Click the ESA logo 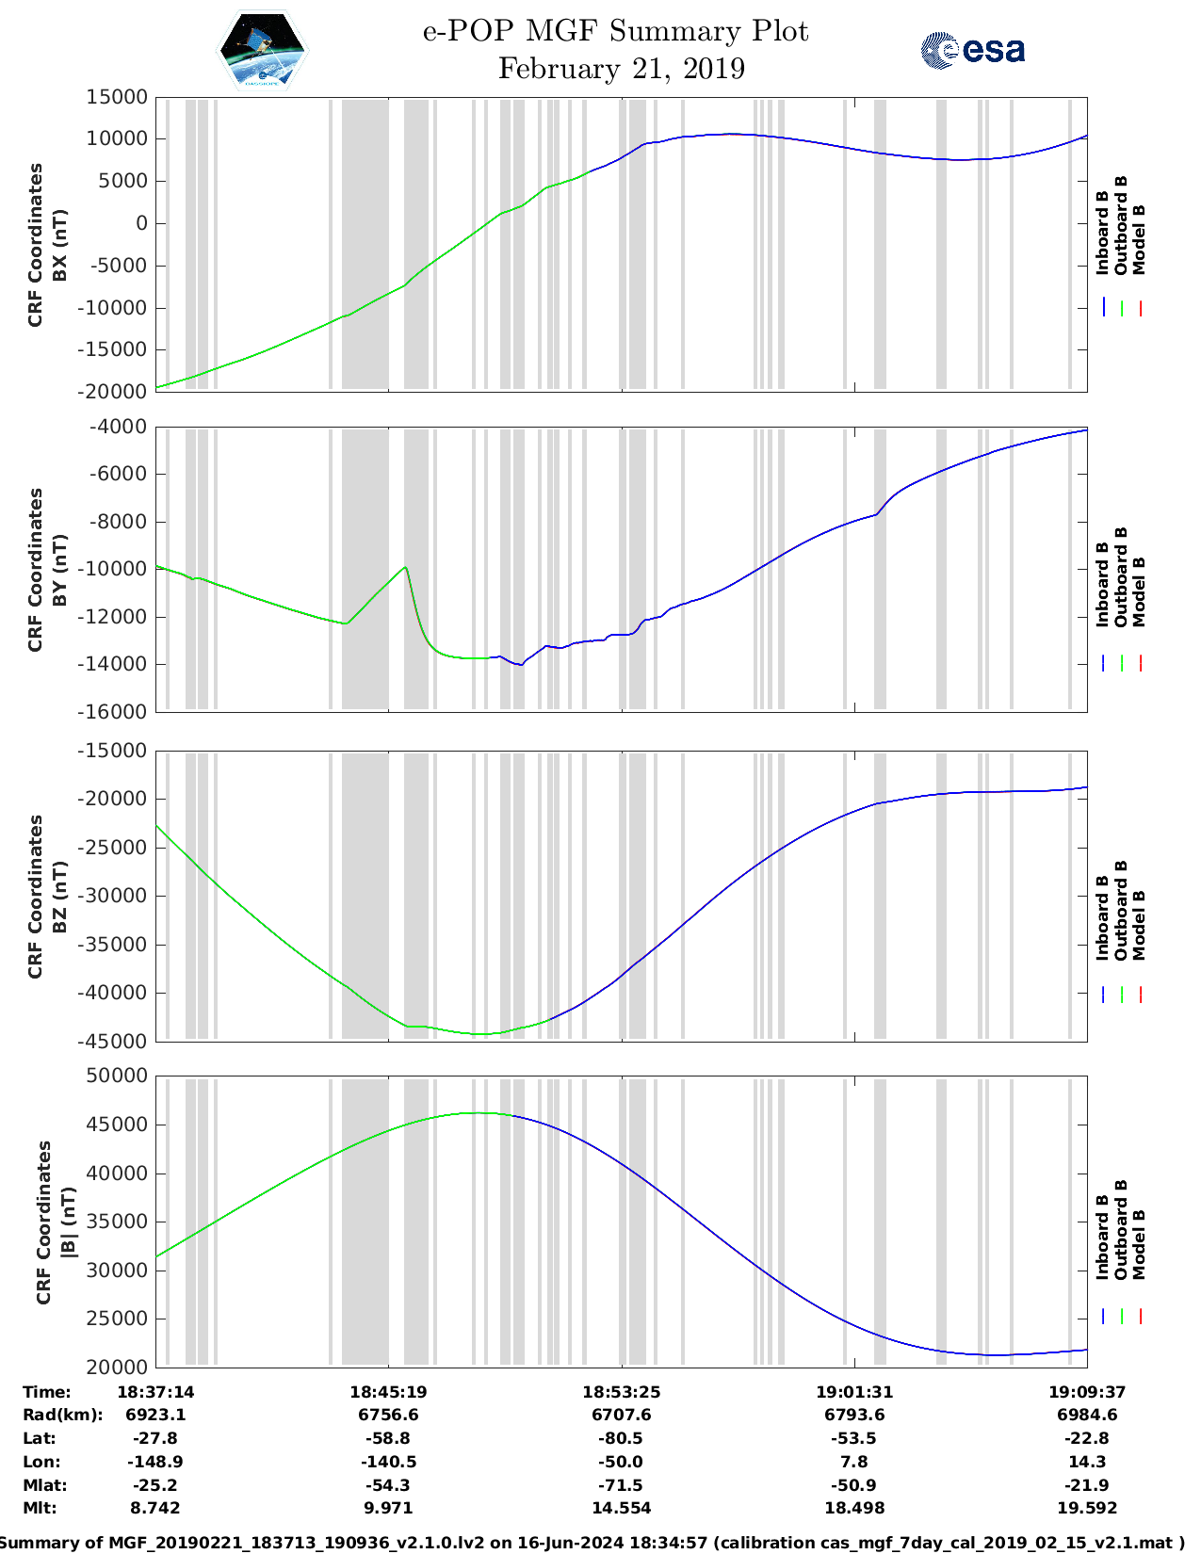972,50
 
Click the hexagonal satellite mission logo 263,50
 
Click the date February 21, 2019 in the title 621,69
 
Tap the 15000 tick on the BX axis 117,97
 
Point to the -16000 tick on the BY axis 117,712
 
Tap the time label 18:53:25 621,1392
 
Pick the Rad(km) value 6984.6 1087,1416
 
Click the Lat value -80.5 621,1439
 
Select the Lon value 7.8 854,1463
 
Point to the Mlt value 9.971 388,1509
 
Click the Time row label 47,1392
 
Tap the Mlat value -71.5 621,1485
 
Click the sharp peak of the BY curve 405,567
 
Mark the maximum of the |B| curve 479,1113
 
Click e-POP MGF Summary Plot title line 615,31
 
